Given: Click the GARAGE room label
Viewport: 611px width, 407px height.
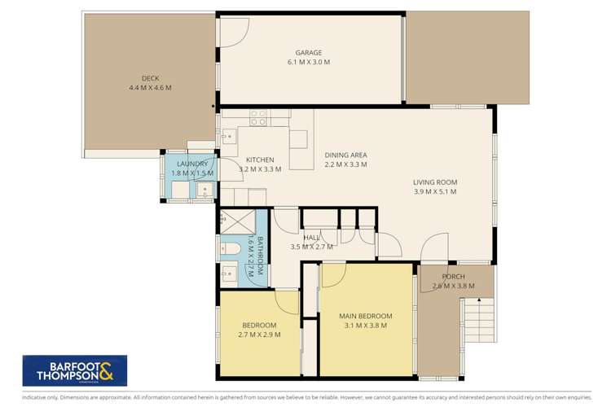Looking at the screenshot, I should click(x=308, y=51).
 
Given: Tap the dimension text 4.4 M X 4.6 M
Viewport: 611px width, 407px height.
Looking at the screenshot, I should click(x=150, y=88).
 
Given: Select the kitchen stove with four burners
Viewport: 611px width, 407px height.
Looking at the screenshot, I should click(x=258, y=117).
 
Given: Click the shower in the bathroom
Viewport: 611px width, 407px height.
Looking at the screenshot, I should click(x=237, y=221).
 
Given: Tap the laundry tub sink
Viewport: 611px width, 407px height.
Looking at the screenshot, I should click(x=204, y=190).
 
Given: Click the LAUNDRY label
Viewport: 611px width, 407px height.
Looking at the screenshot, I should click(x=192, y=164).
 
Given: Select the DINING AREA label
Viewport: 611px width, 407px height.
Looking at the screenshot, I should click(x=345, y=155).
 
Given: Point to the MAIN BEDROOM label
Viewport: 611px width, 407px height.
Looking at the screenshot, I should click(x=366, y=316).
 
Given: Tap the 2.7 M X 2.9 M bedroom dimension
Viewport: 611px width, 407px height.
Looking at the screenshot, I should click(x=258, y=334).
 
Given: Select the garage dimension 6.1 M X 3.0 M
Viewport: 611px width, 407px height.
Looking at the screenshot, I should click(x=308, y=62).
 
